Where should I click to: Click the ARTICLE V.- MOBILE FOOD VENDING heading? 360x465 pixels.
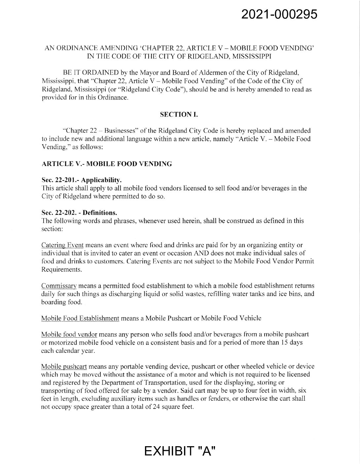[106, 164]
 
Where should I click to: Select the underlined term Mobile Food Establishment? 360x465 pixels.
[80, 318]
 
